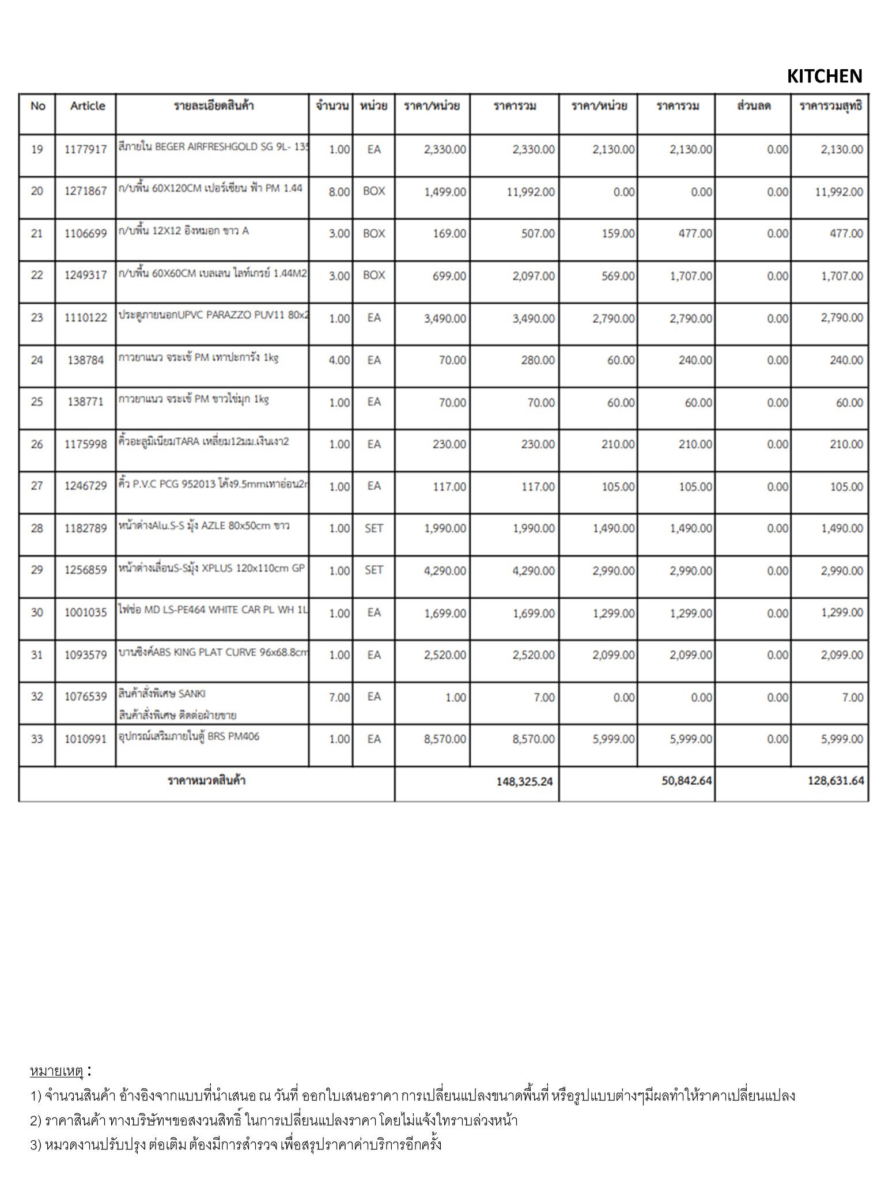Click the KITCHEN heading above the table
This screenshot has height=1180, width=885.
click(824, 76)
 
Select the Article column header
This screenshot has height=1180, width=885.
click(88, 106)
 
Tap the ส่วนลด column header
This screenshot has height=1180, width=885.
click(753, 106)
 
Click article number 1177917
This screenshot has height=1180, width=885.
click(85, 150)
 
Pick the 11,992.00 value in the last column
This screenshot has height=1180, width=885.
click(838, 192)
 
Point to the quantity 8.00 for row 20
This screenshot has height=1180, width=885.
click(339, 192)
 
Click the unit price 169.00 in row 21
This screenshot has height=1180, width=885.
click(449, 234)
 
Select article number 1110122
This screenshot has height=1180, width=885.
click(85, 318)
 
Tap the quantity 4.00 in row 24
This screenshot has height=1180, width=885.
click(339, 361)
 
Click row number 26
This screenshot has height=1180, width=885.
click(37, 444)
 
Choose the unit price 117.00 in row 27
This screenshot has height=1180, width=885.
click(449, 487)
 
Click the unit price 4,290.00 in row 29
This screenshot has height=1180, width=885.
click(445, 571)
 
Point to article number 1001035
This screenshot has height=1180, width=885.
click(85, 613)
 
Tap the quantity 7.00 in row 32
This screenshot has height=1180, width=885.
click(339, 698)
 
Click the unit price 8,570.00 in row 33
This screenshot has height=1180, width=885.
click(445, 739)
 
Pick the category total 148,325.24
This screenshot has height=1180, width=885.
click(524, 782)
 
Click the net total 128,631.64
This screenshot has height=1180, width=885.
click(835, 781)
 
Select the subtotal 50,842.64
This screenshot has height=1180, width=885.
click(686, 781)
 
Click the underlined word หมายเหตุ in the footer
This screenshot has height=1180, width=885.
click(56, 1072)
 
